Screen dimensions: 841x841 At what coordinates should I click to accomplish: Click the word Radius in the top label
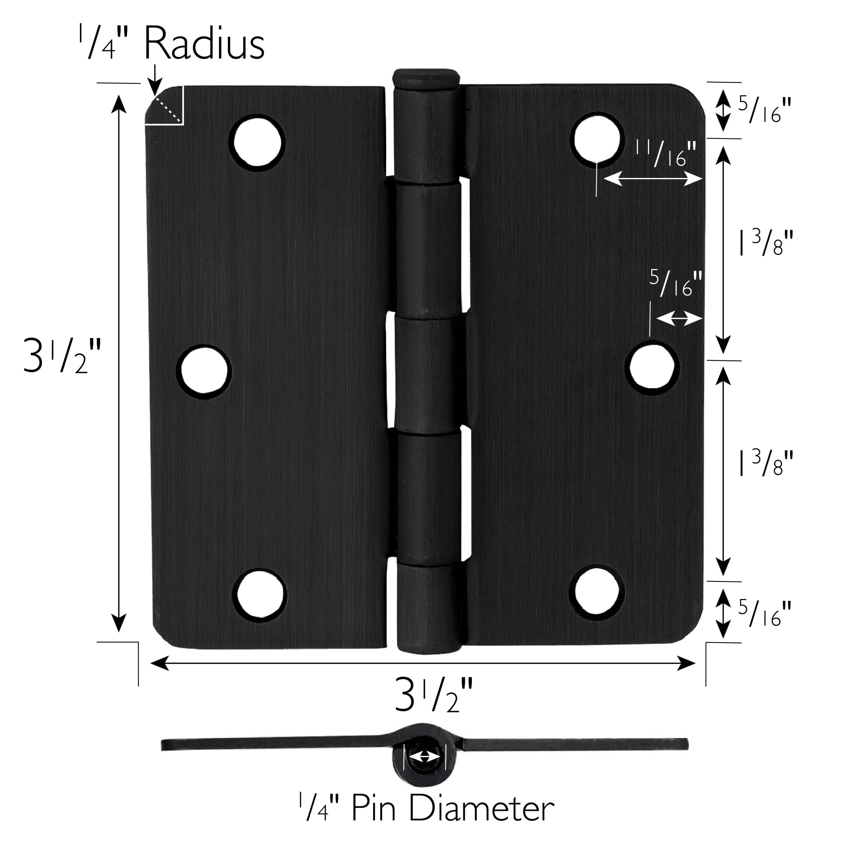click(x=204, y=44)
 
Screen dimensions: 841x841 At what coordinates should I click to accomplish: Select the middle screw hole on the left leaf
click(x=204, y=372)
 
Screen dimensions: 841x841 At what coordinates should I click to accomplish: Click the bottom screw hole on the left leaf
click(x=260, y=594)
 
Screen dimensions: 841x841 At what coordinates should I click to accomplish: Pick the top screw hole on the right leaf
click(x=597, y=138)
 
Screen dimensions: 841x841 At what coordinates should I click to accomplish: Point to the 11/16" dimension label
click(x=666, y=153)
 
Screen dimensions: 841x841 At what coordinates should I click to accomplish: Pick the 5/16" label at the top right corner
click(x=764, y=109)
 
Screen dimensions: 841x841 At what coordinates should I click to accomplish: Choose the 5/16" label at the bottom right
click(x=764, y=613)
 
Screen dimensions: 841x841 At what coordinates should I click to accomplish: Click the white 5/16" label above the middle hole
click(x=676, y=283)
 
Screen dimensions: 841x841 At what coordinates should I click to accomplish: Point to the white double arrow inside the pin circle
click(x=425, y=757)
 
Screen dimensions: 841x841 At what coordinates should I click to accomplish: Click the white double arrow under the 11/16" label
click(x=653, y=178)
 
